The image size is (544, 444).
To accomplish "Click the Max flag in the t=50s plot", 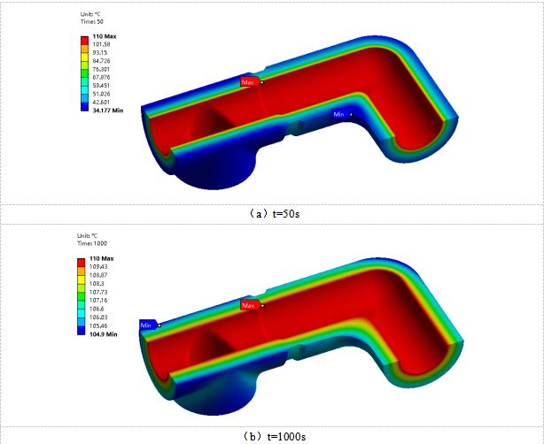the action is coord(250,82).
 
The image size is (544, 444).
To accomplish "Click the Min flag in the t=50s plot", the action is coord(341,114).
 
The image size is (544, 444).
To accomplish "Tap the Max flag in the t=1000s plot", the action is coord(250,305).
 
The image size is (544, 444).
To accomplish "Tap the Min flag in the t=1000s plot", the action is coord(149,325).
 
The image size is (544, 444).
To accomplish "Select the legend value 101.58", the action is coord(101,44).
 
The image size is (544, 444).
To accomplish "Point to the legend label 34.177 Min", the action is coord(108,111).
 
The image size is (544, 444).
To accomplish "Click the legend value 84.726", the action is coord(101,61).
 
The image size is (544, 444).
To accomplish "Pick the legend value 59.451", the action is coord(101,86).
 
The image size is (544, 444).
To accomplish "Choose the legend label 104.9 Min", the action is coord(104,334).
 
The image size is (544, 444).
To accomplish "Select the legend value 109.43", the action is coord(98,267).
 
